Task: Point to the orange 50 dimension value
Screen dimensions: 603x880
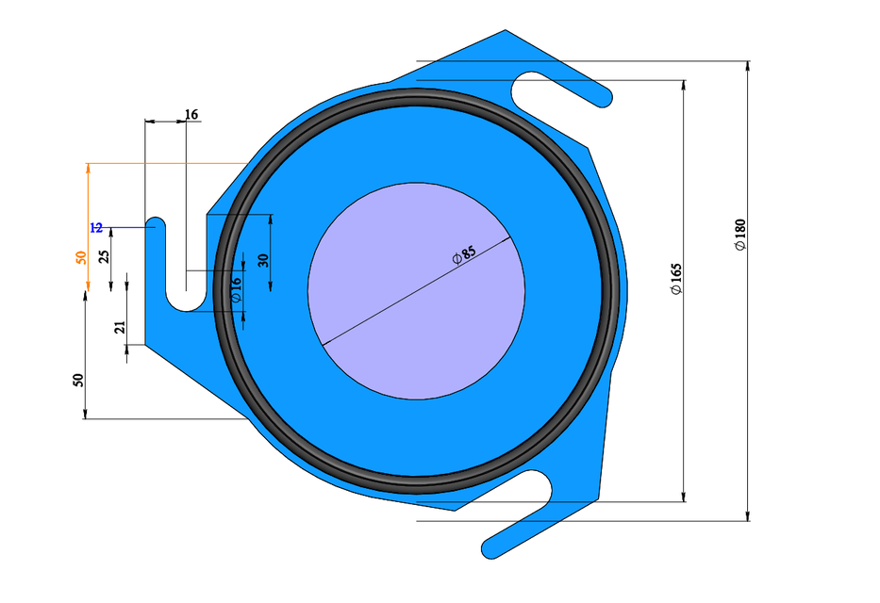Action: click(x=81, y=256)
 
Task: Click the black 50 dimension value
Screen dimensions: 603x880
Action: click(x=79, y=381)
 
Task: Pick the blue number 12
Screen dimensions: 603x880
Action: click(x=96, y=228)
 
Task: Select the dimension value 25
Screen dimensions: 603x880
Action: click(x=104, y=255)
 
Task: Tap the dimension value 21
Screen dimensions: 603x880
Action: click(x=120, y=328)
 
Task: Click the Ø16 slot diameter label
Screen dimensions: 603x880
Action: click(x=236, y=288)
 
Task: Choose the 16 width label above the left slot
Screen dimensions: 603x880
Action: click(x=191, y=115)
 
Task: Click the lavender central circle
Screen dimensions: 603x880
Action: click(x=416, y=311)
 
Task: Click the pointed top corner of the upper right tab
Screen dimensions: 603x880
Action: click(x=506, y=31)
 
